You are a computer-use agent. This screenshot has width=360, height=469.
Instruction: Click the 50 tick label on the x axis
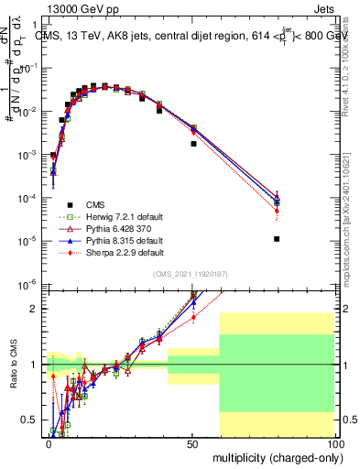tap(192, 442)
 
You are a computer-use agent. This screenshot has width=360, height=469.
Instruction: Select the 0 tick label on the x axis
tap(49, 442)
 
